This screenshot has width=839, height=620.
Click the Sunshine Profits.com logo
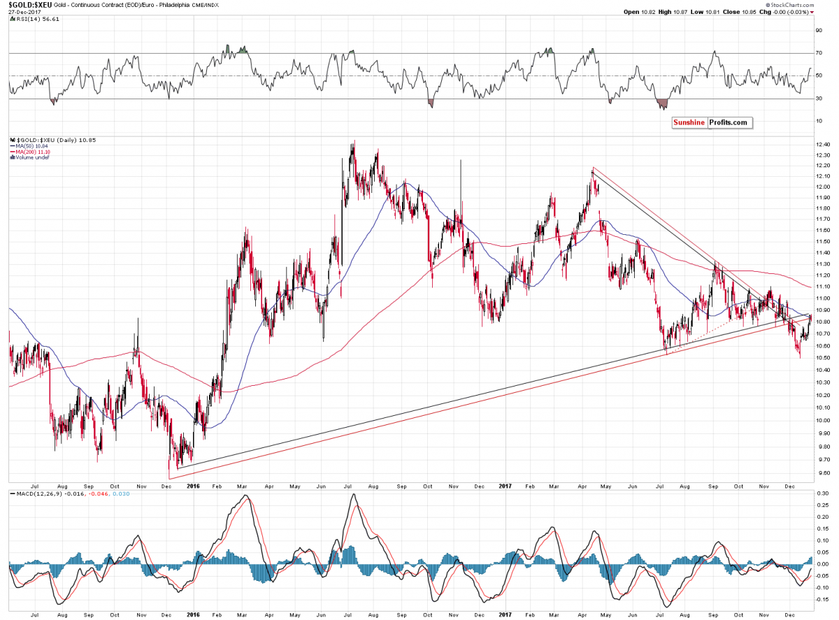pos(710,122)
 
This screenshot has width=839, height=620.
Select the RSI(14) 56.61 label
pos(32,20)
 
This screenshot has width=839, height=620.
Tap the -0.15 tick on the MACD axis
pos(822,599)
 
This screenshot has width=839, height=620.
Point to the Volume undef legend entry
pos(31,157)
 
